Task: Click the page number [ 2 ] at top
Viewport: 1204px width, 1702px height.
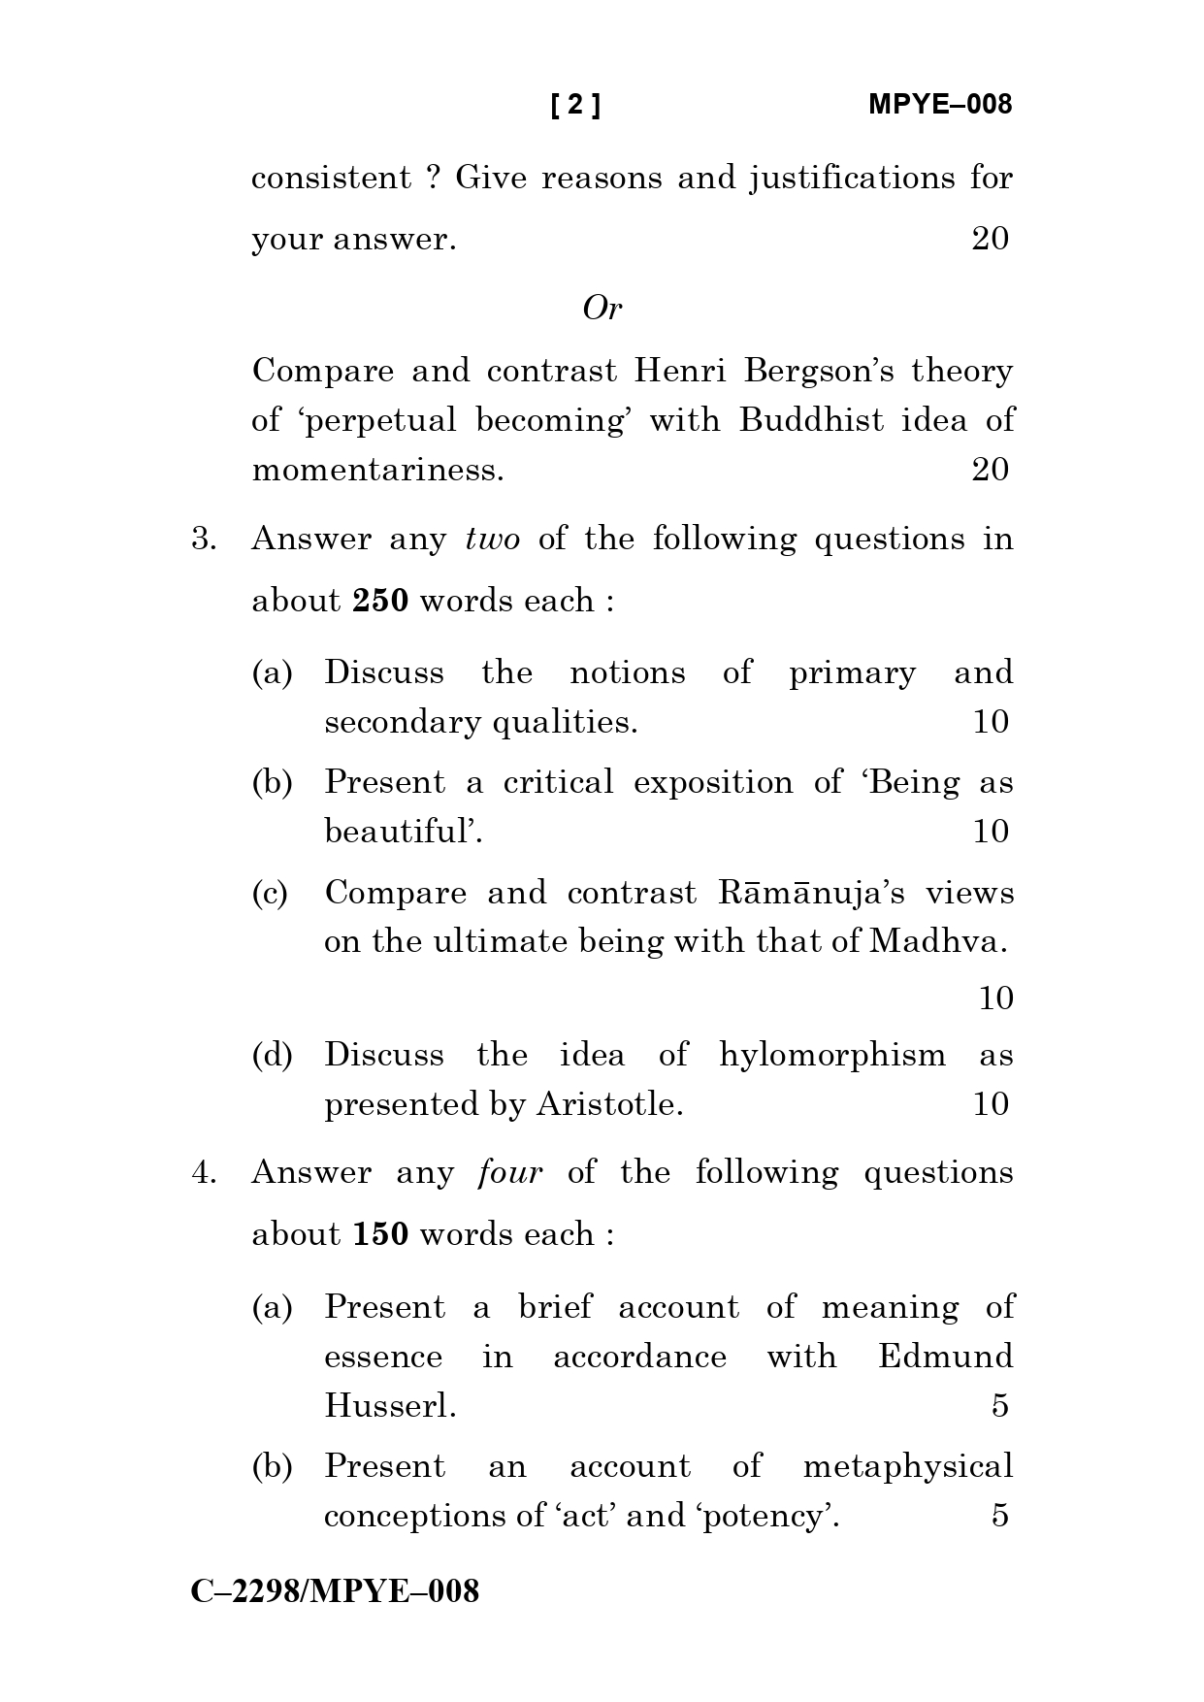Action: [x=575, y=105]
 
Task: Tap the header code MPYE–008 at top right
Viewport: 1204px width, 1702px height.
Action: [x=939, y=105]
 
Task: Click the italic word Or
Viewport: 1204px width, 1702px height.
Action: [x=602, y=309]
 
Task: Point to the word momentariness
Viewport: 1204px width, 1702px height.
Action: [x=377, y=471]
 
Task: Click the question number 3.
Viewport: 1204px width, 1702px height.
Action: [x=203, y=540]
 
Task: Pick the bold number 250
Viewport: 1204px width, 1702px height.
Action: [x=380, y=602]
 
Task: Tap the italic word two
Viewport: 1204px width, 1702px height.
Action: [x=492, y=540]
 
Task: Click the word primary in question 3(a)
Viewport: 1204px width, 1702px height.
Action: [x=852, y=673]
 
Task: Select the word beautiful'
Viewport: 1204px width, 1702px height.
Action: [x=403, y=833]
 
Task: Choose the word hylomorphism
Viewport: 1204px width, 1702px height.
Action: [x=831, y=1056]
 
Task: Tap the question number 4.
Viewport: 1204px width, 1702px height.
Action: [x=203, y=1173]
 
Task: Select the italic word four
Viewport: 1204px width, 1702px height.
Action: [x=510, y=1173]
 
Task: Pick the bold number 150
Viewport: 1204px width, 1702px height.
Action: [x=380, y=1235]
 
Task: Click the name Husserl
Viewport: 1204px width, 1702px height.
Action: [x=390, y=1406]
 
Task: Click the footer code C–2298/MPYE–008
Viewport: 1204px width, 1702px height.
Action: [x=335, y=1592]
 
